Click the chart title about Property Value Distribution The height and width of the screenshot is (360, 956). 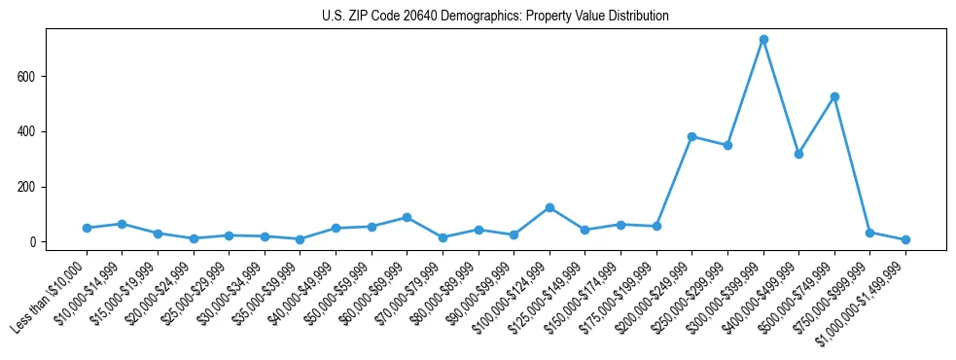tap(495, 16)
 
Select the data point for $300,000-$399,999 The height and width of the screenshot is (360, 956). tap(763, 40)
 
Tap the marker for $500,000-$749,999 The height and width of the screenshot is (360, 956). tap(834, 96)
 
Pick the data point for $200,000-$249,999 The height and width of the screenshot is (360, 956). tap(691, 136)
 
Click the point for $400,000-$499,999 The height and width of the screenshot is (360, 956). tap(798, 154)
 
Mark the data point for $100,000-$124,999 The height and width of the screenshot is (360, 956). tap(549, 207)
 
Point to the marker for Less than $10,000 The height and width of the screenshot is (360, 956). tap(87, 228)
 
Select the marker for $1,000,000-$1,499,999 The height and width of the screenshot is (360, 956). tap(905, 239)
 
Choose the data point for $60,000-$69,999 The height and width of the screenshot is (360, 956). tap(407, 217)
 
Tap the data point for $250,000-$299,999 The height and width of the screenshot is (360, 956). tap(727, 145)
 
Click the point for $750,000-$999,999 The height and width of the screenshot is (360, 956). tap(869, 233)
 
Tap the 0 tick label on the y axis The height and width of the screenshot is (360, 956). tap(34, 242)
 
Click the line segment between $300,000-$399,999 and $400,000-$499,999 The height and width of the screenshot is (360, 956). tap(781, 96)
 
